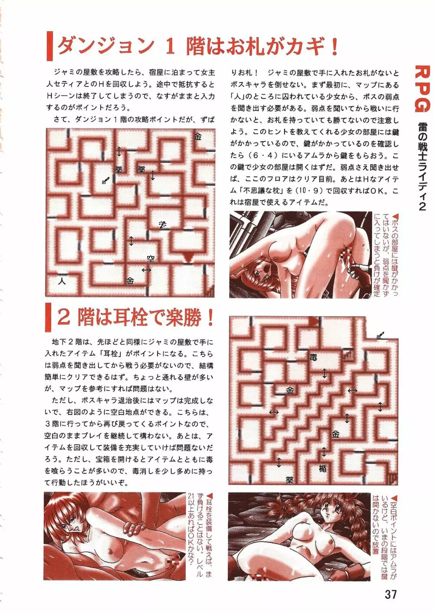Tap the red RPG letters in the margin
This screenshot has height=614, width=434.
[420, 89]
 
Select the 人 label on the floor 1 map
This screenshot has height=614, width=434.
[62, 281]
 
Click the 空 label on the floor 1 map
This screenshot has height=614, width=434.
[151, 258]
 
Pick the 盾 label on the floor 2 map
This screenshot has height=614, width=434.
[323, 469]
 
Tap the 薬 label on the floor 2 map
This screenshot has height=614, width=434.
[289, 480]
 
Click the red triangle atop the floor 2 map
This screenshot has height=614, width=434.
[313, 321]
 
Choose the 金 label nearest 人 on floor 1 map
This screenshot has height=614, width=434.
[130, 281]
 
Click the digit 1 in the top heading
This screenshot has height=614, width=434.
[170, 47]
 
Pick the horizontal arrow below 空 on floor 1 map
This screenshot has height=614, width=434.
[147, 270]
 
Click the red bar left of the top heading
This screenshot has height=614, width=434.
[49, 46]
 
